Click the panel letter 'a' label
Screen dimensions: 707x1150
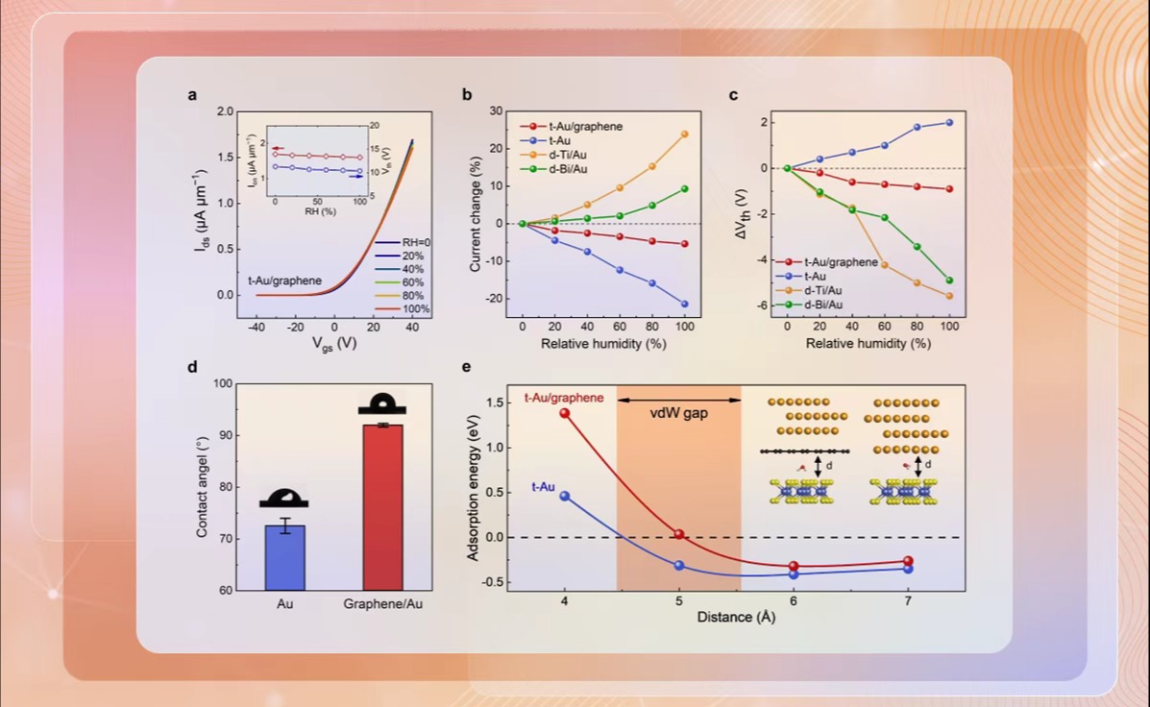(x=192, y=94)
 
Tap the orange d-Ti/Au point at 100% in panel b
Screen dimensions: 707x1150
(x=685, y=134)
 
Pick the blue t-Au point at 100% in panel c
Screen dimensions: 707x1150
(x=949, y=122)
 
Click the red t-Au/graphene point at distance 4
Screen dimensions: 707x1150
(x=564, y=413)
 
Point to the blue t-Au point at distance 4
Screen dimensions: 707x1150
(x=564, y=496)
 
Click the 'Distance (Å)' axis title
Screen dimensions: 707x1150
(x=736, y=617)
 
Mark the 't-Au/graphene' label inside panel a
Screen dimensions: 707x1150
(x=284, y=281)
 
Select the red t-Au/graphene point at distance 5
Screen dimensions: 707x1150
(x=678, y=534)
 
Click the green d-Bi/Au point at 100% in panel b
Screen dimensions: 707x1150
(x=685, y=188)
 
